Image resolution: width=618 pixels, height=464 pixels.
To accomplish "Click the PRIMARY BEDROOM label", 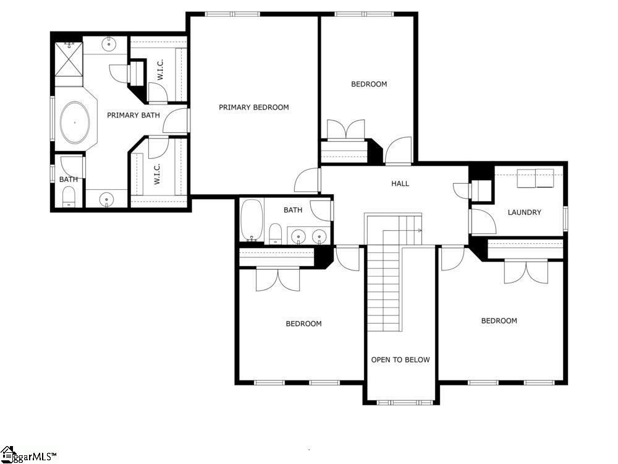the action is point(254,107).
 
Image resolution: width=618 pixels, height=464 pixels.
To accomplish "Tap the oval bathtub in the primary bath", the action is point(75,122).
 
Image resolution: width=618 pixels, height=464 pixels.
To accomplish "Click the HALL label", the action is point(400,184).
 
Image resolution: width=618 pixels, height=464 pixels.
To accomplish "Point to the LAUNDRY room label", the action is point(524,212).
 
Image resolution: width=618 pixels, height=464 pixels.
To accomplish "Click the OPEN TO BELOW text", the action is point(400,360).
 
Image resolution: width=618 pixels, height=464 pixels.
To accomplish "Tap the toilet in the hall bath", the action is point(275,234).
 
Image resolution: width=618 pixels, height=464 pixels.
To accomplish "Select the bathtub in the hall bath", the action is point(252,220).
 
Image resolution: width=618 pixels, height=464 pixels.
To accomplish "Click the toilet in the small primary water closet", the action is point(69,197).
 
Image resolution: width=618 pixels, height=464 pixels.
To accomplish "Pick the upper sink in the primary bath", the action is point(108,43).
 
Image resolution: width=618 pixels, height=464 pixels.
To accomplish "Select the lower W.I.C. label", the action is point(157,174).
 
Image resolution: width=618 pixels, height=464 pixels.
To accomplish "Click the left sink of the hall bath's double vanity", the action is point(298,236).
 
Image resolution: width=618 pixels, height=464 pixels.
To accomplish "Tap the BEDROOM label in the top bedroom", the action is point(369,84).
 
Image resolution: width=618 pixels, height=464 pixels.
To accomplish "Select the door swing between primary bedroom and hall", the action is point(307,180).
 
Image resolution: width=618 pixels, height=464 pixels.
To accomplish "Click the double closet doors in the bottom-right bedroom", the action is point(526,272).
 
